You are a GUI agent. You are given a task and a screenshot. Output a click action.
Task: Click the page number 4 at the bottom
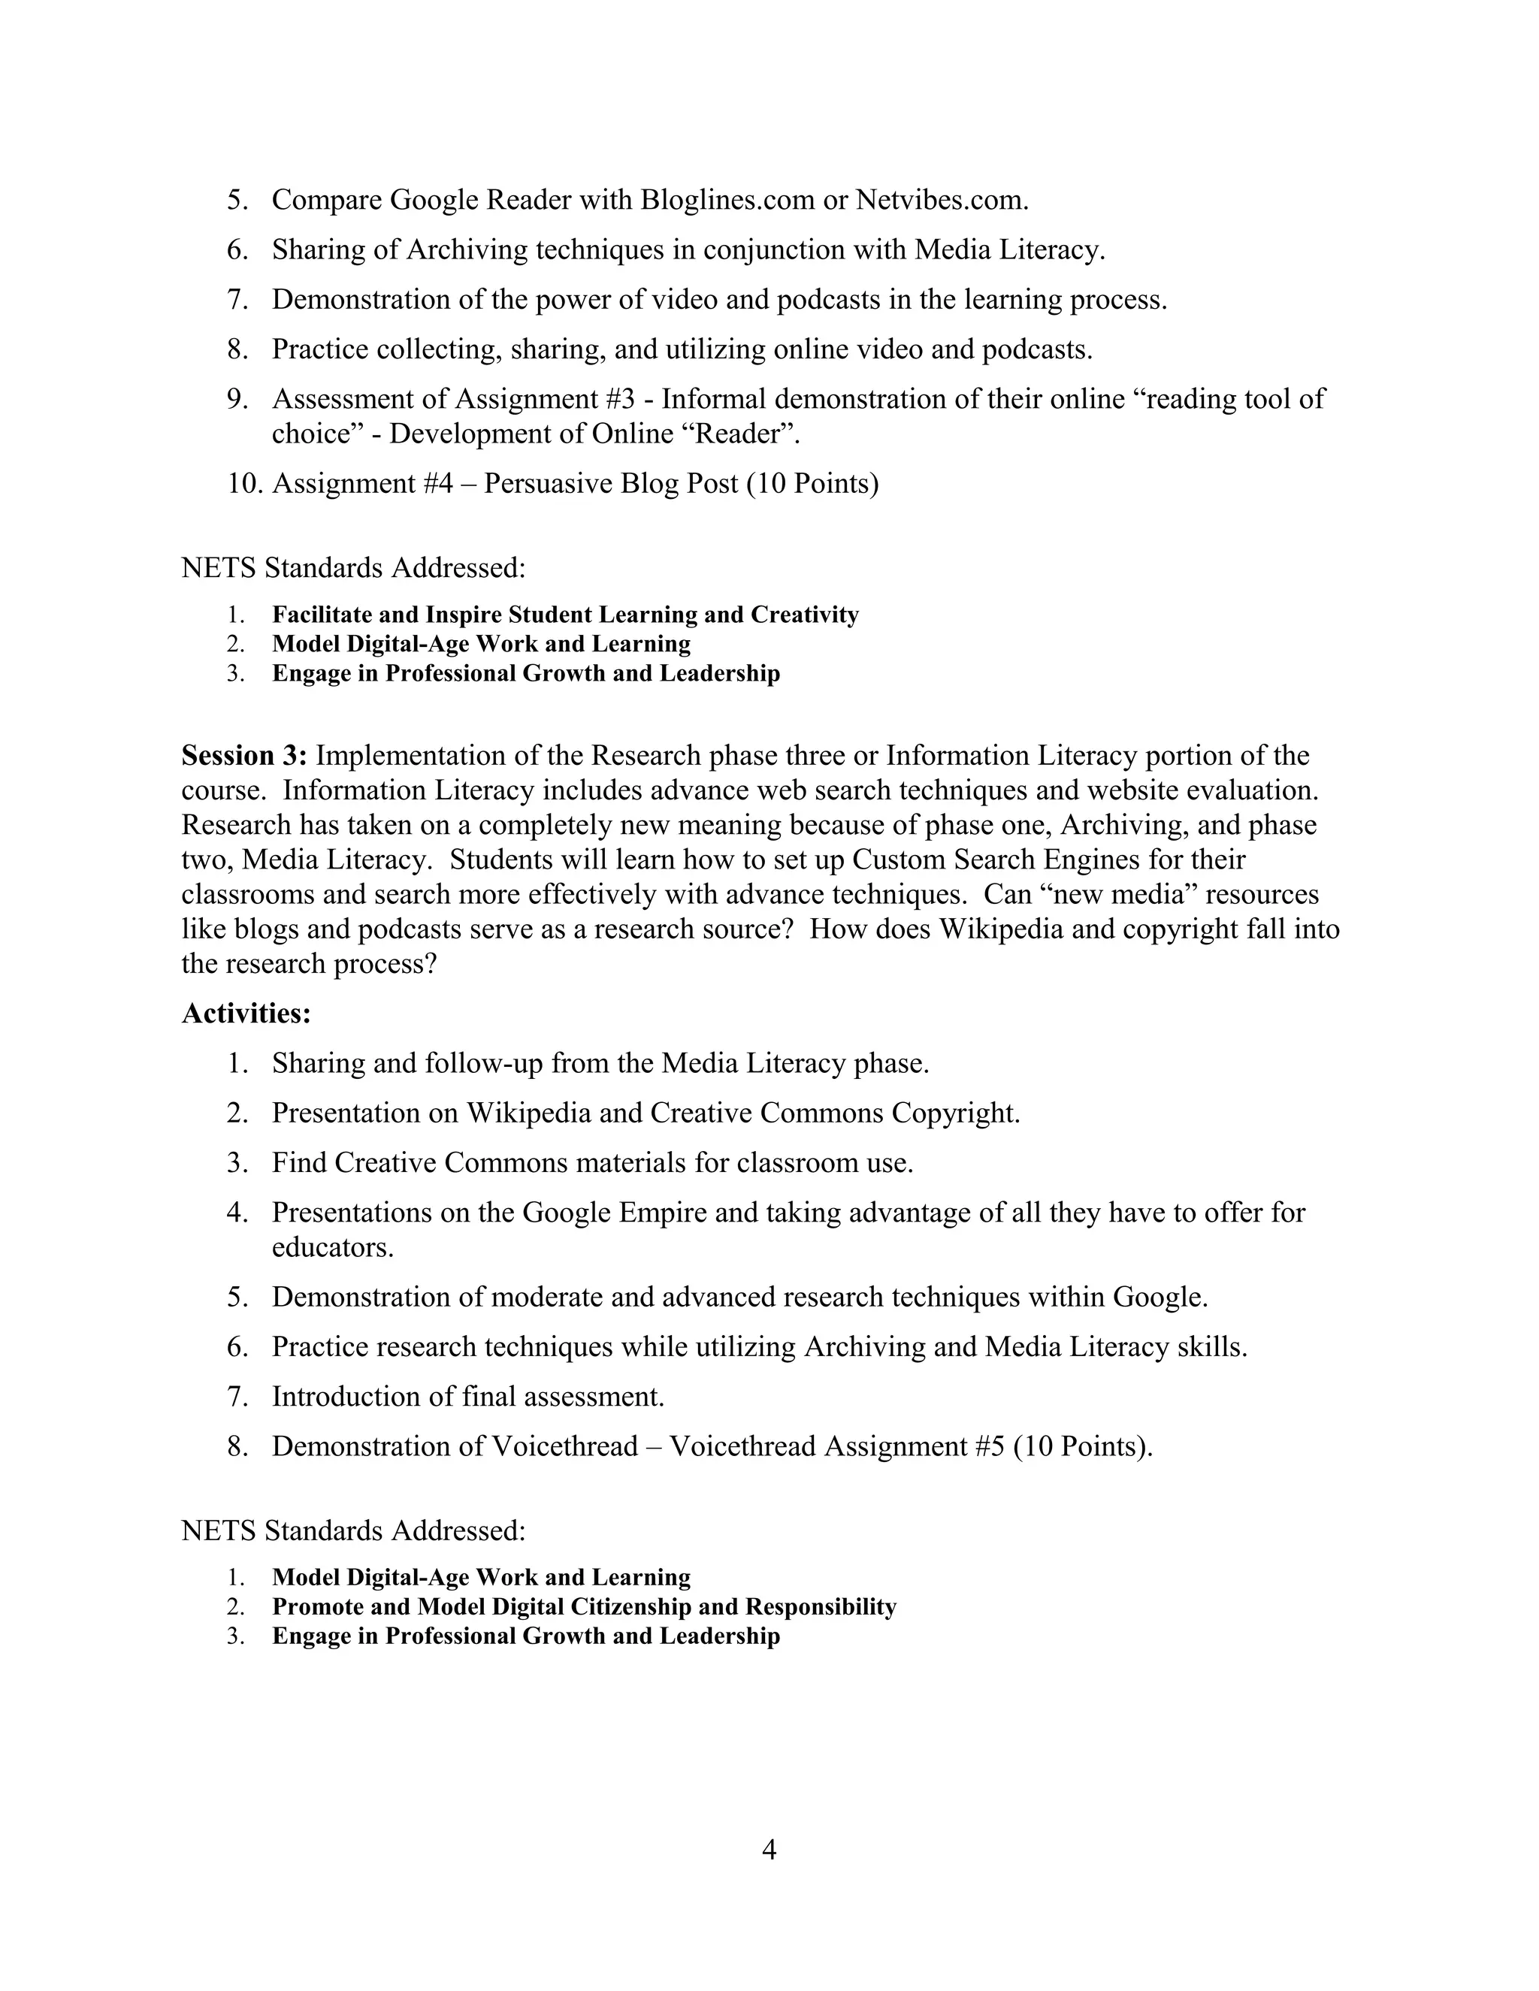coord(769,1850)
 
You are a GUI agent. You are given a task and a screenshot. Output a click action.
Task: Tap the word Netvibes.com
coord(942,200)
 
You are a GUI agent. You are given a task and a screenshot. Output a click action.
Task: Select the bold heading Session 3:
coord(244,756)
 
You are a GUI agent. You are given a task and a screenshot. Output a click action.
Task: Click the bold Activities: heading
coord(246,1013)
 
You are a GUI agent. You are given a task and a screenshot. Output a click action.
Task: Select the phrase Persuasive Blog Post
coord(611,483)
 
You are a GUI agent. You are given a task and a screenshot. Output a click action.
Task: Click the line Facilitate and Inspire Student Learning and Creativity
coord(565,615)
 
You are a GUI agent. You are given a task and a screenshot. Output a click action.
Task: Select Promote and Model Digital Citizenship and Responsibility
coord(583,1607)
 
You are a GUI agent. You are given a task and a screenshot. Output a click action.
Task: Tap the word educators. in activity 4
coord(333,1247)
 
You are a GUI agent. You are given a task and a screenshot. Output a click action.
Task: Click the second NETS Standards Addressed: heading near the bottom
coord(354,1530)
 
